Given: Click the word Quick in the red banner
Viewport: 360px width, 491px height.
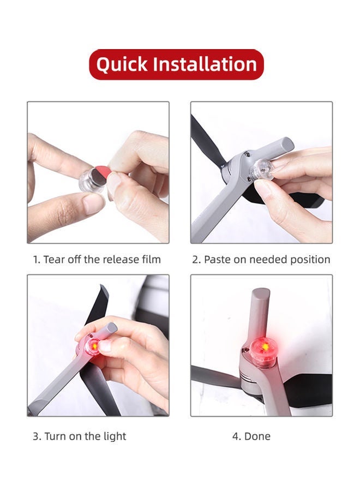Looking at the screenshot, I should tap(122, 64).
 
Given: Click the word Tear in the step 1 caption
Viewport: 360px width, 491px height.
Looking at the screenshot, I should tap(54, 259).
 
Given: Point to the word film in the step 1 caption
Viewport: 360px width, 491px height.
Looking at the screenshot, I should tap(150, 259).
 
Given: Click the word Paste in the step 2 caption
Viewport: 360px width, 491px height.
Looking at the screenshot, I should tap(217, 259).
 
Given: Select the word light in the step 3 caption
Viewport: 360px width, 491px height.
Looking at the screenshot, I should tap(115, 436).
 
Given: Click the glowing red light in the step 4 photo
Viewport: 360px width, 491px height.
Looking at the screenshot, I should tap(265, 347).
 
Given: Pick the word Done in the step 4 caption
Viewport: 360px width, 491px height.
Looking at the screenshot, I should tap(257, 436).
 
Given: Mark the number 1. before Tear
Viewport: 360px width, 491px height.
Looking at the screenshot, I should tap(37, 259).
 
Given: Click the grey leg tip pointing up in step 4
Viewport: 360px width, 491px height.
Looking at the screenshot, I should tap(260, 295).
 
